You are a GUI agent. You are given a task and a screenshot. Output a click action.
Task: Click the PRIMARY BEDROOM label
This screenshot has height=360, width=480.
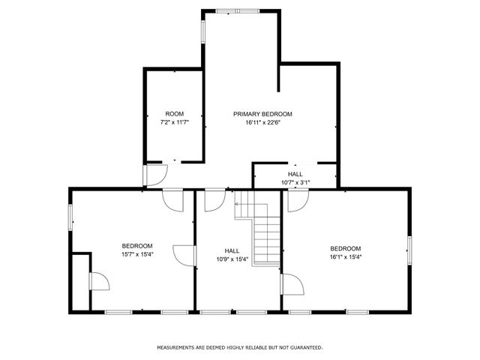[x=262, y=114]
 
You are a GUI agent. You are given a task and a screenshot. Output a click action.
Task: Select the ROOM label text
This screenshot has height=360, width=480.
[x=174, y=114]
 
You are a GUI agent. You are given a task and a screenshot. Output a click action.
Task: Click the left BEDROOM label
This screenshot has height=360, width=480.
[x=137, y=246]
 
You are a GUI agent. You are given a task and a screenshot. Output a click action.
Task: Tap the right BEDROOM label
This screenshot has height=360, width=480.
[x=346, y=248]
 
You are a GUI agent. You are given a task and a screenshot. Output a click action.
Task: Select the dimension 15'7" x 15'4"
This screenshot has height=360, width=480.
[x=137, y=254]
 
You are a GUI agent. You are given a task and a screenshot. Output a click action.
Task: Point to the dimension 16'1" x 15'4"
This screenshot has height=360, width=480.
[x=346, y=256]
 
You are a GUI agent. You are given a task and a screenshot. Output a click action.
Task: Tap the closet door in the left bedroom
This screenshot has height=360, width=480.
[x=98, y=281]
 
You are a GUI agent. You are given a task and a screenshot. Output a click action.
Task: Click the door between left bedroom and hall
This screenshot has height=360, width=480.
[x=184, y=255]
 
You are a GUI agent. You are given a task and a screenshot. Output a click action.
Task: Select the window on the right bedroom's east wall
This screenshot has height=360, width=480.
[x=409, y=249]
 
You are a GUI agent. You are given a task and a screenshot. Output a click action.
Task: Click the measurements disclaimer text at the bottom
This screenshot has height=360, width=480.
[x=239, y=347]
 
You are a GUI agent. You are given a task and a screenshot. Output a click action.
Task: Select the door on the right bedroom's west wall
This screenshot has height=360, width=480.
[x=292, y=285]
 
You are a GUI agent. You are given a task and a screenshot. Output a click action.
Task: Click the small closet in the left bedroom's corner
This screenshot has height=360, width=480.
[x=80, y=283]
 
